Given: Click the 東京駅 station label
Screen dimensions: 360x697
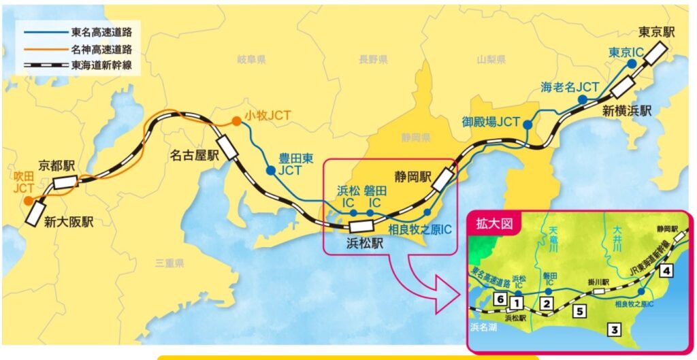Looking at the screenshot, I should click(658, 31).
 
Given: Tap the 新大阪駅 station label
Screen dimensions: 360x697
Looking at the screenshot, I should click(69, 222).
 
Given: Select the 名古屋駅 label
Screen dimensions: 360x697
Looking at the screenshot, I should click(193, 155).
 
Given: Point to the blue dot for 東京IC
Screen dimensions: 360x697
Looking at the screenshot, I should click(632, 63).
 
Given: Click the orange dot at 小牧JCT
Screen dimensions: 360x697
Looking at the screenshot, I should click(236, 121).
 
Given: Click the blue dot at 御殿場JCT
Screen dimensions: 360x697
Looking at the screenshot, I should click(526, 124).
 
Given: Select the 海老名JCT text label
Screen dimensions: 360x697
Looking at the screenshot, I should click(570, 87).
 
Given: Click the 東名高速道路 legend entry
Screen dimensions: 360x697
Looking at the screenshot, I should click(101, 32).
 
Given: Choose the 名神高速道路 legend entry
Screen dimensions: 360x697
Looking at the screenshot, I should click(101, 49).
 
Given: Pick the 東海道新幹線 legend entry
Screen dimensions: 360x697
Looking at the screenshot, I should click(101, 65).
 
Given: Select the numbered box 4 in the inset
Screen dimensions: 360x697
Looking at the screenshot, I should click(667, 271).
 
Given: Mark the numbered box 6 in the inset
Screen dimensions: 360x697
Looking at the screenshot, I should click(500, 298).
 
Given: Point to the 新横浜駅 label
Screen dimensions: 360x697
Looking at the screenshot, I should click(626, 109).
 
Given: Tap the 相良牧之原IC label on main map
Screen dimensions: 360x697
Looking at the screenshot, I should click(419, 229).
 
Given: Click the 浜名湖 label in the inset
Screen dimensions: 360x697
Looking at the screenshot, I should click(484, 327).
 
